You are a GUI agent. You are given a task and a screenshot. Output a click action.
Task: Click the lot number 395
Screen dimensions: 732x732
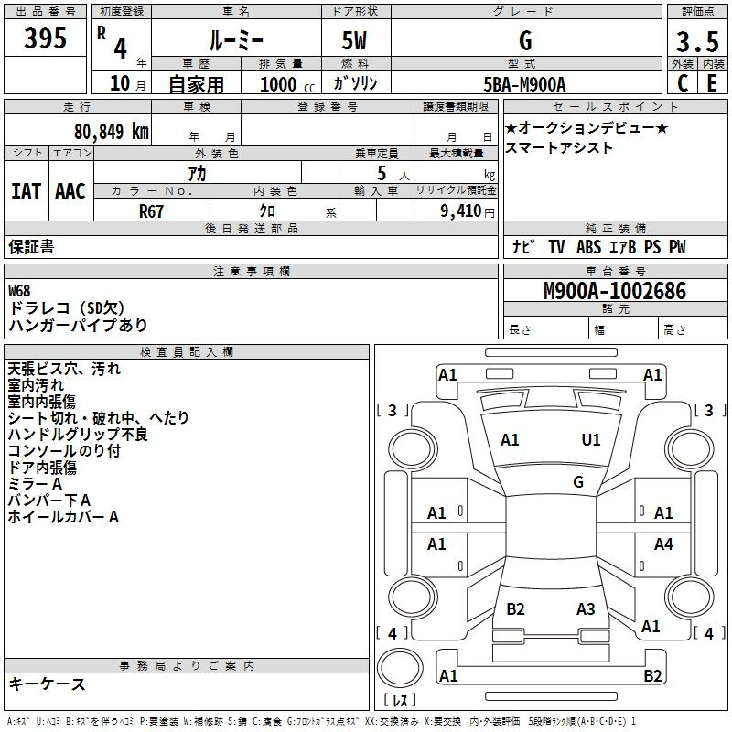(x=45, y=39)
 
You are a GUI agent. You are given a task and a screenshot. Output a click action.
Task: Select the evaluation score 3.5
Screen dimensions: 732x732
(x=696, y=41)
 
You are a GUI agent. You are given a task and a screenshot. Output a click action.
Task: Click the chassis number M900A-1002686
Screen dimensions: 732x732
(x=614, y=292)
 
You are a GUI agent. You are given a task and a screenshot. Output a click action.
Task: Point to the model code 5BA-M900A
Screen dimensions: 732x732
(x=525, y=84)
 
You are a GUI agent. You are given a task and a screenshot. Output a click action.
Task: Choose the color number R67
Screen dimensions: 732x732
(x=152, y=210)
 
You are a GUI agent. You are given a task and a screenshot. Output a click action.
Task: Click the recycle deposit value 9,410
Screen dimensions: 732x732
(x=454, y=210)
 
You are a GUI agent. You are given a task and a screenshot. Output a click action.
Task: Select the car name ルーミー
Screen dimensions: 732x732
(x=237, y=41)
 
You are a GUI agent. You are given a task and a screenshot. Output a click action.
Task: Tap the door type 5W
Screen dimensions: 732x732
(x=356, y=41)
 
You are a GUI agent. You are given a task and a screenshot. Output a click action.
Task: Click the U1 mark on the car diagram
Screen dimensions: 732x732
(x=591, y=440)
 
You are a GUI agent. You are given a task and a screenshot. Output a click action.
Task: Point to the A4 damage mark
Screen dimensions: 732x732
(x=663, y=544)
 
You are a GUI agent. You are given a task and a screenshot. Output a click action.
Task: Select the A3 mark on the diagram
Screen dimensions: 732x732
(x=586, y=609)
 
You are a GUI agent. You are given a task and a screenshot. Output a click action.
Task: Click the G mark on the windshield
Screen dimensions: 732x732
(x=577, y=482)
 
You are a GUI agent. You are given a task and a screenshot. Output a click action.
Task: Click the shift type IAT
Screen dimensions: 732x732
(x=26, y=190)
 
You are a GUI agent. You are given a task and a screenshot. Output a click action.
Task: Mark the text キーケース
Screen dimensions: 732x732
(x=48, y=684)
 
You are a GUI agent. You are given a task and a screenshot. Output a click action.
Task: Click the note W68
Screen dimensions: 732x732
(x=20, y=291)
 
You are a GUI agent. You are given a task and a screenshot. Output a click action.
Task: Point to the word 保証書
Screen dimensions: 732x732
(x=31, y=247)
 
